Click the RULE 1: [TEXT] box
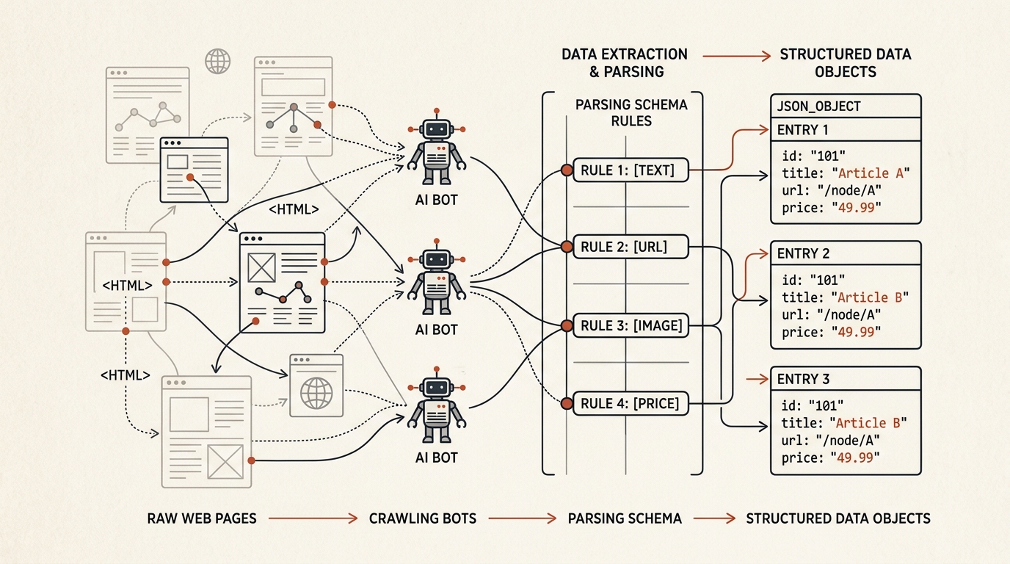point(631,170)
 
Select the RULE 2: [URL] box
point(631,247)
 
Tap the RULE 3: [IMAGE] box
point(631,325)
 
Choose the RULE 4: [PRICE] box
point(631,403)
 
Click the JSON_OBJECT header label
point(819,106)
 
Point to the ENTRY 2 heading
point(804,253)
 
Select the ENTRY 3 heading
point(804,379)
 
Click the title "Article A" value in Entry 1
point(871,173)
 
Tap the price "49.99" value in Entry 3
point(855,458)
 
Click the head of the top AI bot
point(437,129)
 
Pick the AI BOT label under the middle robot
point(437,330)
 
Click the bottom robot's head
point(437,388)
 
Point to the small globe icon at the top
point(218,62)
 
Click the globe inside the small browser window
point(316,393)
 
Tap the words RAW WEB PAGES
point(202,518)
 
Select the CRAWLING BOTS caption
point(423,518)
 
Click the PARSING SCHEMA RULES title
point(631,113)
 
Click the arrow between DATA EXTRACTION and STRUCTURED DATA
point(737,56)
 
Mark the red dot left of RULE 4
point(567,403)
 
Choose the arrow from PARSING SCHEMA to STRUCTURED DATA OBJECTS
point(714,518)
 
